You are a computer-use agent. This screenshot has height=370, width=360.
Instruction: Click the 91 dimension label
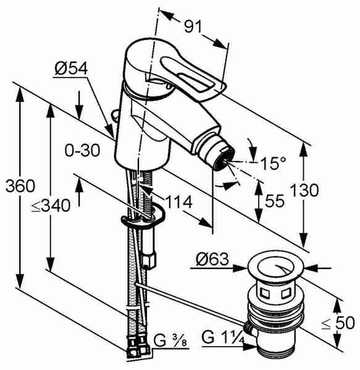[193, 26]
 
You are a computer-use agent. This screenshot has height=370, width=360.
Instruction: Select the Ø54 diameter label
[71, 68]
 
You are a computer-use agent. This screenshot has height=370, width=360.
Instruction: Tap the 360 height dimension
[20, 186]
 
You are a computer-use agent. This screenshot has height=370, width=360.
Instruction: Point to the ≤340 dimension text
[51, 205]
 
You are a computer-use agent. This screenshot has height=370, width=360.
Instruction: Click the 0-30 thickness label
[83, 150]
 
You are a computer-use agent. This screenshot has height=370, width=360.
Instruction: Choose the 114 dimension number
[179, 202]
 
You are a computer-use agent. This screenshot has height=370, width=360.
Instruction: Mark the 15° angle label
[273, 163]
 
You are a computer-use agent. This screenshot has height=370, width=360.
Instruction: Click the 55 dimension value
[275, 201]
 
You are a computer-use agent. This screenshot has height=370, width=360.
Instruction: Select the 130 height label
[304, 190]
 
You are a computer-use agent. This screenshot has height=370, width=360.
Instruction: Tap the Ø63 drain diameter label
[212, 259]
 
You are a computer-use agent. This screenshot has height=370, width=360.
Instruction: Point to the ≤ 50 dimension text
[338, 323]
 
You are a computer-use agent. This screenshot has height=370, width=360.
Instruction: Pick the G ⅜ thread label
[170, 341]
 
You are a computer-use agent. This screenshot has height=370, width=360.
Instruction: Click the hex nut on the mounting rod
[149, 260]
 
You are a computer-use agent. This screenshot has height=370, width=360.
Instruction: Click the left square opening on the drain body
[264, 294]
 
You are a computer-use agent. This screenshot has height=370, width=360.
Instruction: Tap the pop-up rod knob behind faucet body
[115, 115]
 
